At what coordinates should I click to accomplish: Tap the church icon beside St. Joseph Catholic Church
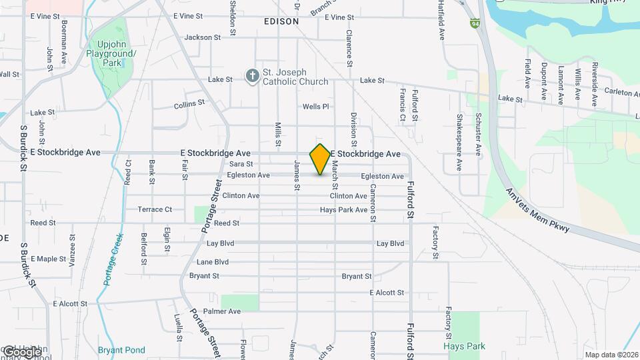point(252,76)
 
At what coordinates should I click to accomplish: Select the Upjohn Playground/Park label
point(111,57)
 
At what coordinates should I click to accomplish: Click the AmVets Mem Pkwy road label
point(537,209)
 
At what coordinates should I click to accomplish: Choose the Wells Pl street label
point(316,107)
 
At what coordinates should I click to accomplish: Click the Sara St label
point(241,164)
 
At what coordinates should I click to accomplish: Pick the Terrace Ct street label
point(155,209)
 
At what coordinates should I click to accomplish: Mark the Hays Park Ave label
point(343,209)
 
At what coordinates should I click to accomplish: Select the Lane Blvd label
point(213,262)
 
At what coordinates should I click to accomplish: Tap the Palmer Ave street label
point(222,311)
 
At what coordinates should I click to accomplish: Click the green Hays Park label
point(464,346)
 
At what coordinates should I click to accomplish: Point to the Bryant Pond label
point(121,350)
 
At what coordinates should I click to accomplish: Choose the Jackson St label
point(202,38)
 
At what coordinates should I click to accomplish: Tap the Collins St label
point(189,105)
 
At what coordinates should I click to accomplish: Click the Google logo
point(21,351)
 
